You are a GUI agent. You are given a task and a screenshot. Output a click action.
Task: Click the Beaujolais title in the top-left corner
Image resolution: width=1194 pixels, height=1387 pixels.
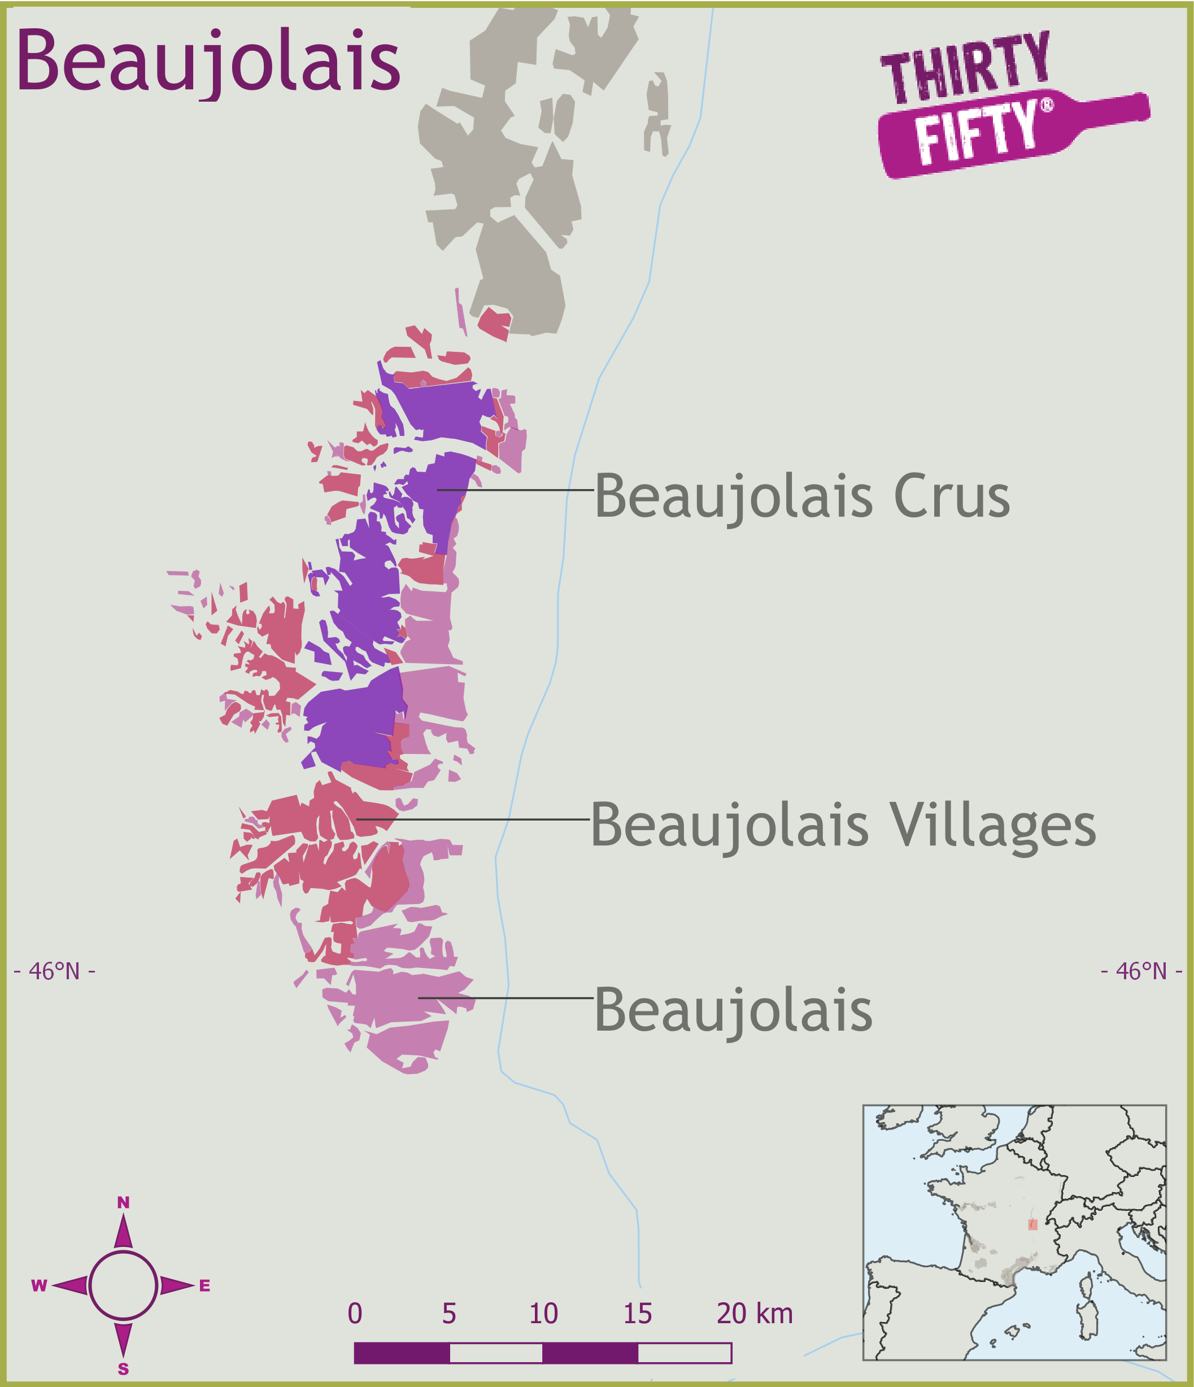[x=208, y=62]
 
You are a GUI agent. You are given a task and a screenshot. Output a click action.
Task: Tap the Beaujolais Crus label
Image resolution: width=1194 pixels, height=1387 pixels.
[x=801, y=497]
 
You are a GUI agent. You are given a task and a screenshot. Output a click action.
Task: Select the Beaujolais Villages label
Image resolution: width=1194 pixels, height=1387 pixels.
[x=843, y=826]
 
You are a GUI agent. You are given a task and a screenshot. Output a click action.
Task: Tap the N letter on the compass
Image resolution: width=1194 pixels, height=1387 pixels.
[x=123, y=1203]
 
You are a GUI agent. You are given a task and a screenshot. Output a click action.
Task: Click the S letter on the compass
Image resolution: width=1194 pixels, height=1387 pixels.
[x=123, y=1369]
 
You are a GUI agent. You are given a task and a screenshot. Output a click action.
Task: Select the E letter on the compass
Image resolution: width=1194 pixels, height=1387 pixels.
[x=205, y=1286]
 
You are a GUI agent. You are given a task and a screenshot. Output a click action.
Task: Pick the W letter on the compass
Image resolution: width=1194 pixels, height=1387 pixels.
[x=39, y=1286]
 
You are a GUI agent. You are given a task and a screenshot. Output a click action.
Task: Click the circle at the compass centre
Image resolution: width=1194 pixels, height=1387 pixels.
[x=123, y=1286]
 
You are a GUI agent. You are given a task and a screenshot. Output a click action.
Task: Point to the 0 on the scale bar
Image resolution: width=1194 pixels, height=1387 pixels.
[x=355, y=1314]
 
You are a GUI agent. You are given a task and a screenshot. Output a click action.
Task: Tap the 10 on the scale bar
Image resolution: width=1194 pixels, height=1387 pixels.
[x=543, y=1314]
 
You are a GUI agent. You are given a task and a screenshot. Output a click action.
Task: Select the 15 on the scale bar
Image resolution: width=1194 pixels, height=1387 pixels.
[x=638, y=1314]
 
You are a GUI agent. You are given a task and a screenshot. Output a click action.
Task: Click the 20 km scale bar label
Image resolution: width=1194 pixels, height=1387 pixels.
[x=755, y=1314]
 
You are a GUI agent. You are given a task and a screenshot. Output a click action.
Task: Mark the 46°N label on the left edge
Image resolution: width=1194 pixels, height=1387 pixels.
[x=54, y=971]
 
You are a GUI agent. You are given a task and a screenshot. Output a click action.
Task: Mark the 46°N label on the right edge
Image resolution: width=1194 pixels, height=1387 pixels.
[x=1141, y=971]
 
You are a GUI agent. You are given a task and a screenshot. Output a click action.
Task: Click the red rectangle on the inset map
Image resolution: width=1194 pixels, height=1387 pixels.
[x=1032, y=1224]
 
